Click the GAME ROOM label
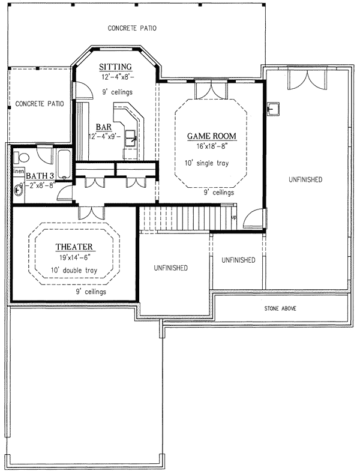click(x=210, y=135)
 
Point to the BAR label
click(x=103, y=127)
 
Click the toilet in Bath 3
click(x=22, y=158)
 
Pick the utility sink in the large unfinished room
click(x=273, y=109)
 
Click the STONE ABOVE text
click(x=280, y=309)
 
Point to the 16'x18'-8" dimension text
click(x=210, y=146)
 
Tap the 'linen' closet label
click(x=17, y=173)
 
